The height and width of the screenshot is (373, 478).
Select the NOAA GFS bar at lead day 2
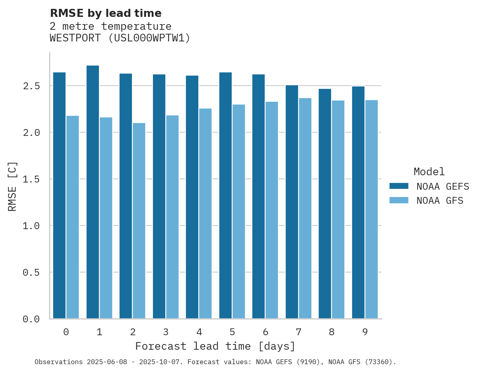coord(139,221)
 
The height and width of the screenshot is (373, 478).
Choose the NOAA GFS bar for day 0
coord(72,217)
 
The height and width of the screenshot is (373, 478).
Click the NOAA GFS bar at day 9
coord(371,209)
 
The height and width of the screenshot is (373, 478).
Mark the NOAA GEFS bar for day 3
coord(159,197)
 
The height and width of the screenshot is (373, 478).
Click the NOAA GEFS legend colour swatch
coord(399,186)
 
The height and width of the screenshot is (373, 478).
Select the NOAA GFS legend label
coord(440,201)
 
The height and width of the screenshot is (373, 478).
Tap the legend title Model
coord(429,172)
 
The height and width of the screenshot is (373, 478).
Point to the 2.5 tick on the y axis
coord(31,86)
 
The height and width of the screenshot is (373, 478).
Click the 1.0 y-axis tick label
coord(31,226)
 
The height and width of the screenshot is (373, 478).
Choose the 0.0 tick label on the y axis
coord(31,319)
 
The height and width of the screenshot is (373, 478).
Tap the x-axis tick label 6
coord(266,332)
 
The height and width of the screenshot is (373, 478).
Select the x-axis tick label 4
coord(199,332)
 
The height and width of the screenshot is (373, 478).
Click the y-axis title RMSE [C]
coord(12,186)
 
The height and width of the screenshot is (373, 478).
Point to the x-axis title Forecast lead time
coord(215,346)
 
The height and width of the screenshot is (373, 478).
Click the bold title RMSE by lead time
coord(105,13)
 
